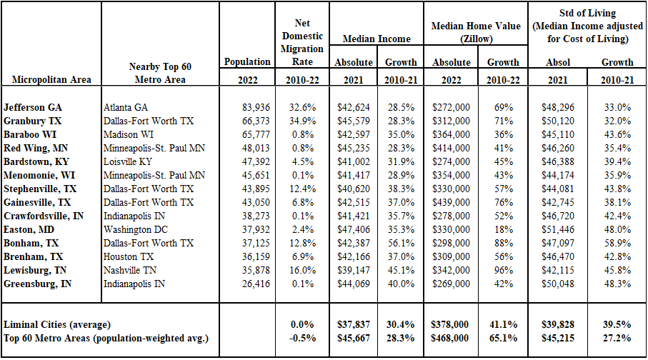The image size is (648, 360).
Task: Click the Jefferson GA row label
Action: [x=33, y=107]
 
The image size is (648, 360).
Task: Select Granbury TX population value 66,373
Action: [x=256, y=121]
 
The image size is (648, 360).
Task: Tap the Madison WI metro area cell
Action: [x=128, y=135]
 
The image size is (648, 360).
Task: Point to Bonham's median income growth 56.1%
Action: [x=401, y=243]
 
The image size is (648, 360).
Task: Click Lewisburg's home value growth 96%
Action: [x=504, y=270]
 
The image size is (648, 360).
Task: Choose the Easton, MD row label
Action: [x=29, y=230]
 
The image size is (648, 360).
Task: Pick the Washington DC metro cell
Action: [x=136, y=230]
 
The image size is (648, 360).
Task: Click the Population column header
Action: [x=247, y=62]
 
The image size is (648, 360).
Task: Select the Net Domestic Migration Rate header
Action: [x=302, y=42]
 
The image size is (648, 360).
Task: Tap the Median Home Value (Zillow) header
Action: [x=476, y=32]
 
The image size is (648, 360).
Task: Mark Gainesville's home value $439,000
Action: [x=451, y=203]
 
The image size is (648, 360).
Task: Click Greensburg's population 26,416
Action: [x=256, y=284]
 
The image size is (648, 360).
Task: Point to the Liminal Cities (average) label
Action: [x=57, y=325]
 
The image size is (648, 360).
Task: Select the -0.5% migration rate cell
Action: [x=302, y=338]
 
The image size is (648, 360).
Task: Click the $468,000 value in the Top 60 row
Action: [x=449, y=338]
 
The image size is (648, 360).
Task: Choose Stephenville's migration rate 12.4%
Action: [x=302, y=189]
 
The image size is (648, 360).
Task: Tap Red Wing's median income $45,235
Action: [x=354, y=149]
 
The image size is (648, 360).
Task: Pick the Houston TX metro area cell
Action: [x=128, y=256]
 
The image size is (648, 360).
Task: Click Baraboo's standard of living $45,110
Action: [x=558, y=135]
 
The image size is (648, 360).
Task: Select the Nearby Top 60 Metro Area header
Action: [x=160, y=73]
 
